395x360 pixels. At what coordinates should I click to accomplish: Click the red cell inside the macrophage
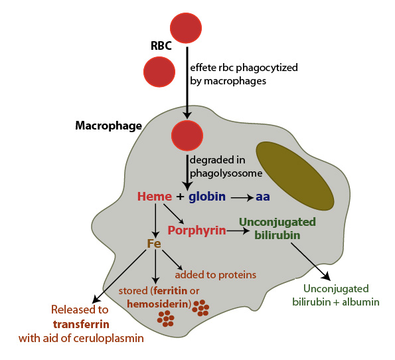[187, 135]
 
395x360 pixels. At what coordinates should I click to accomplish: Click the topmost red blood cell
[186, 27]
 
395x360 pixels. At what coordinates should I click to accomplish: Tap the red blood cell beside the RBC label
[159, 72]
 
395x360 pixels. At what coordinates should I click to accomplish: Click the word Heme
[154, 197]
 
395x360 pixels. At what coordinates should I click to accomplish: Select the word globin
[207, 197]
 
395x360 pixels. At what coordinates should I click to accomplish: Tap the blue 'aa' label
[263, 197]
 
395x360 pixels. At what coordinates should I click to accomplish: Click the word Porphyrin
[196, 230]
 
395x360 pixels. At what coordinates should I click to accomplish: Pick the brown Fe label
[154, 244]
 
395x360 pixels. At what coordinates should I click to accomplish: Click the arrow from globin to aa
[242, 197]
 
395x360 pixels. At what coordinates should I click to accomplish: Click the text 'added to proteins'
[215, 274]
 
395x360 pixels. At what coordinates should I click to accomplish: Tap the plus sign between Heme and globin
[179, 197]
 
